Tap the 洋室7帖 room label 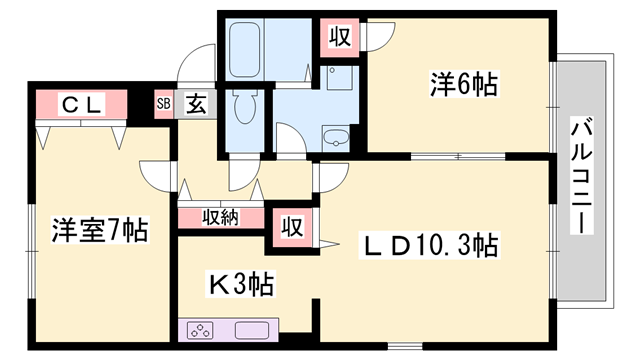click(x=99, y=231)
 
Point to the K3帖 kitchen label click(x=241, y=284)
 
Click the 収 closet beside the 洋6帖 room click(x=340, y=38)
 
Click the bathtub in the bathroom click(x=245, y=46)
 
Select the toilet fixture click(x=245, y=105)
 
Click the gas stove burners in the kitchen click(x=201, y=330)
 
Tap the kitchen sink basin click(x=250, y=330)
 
